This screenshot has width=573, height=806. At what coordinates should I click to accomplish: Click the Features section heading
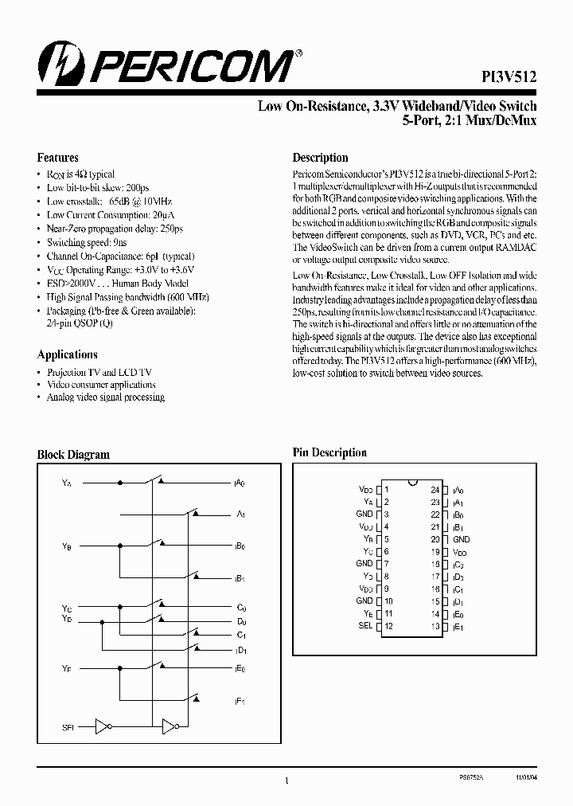[58, 158]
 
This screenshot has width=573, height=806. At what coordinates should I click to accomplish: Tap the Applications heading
[68, 354]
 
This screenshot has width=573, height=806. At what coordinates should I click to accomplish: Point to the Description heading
[320, 158]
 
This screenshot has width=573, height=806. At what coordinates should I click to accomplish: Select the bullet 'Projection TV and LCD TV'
[99, 372]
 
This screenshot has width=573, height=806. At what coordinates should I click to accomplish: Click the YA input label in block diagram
[66, 483]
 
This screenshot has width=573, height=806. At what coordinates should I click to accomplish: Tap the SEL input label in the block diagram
[67, 726]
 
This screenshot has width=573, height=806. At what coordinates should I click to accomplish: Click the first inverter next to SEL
[102, 726]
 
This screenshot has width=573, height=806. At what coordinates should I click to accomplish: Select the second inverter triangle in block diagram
[169, 726]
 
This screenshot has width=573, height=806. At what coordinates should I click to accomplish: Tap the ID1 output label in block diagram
[240, 650]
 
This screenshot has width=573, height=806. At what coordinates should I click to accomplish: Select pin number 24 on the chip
[435, 490]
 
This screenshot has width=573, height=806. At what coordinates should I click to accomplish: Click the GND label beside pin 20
[461, 539]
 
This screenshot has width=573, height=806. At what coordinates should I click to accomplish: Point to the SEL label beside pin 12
[365, 626]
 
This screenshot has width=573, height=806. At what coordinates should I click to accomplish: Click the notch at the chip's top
[411, 483]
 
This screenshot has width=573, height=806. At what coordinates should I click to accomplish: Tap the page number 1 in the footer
[286, 782]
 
